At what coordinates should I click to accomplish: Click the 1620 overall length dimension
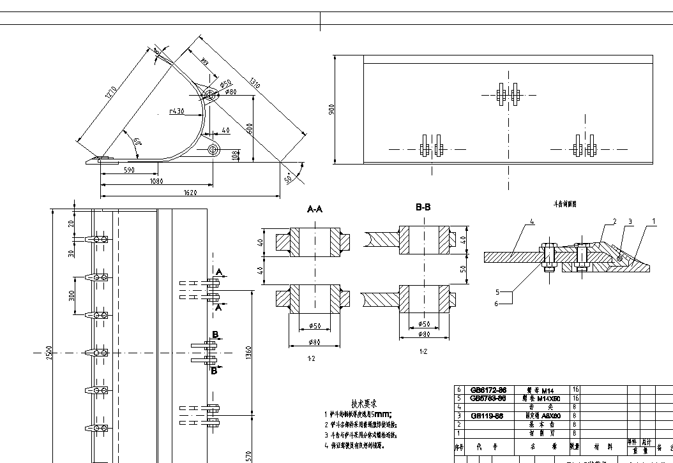tap(189, 192)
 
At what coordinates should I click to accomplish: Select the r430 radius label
tap(177, 112)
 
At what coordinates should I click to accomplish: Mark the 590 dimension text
tap(129, 170)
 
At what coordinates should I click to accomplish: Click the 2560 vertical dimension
tap(49, 351)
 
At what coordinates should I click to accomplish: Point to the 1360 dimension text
tap(249, 352)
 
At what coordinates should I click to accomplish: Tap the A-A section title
tap(315, 209)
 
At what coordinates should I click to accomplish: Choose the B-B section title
tap(423, 207)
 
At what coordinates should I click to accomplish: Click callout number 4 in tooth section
tap(531, 222)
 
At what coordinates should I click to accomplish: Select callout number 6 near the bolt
tap(497, 304)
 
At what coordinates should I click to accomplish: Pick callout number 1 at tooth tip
tap(653, 221)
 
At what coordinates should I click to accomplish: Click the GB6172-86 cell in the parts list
tap(488, 389)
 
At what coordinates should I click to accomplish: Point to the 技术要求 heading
tap(365, 404)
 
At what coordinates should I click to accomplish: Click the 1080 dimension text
tap(156, 181)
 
